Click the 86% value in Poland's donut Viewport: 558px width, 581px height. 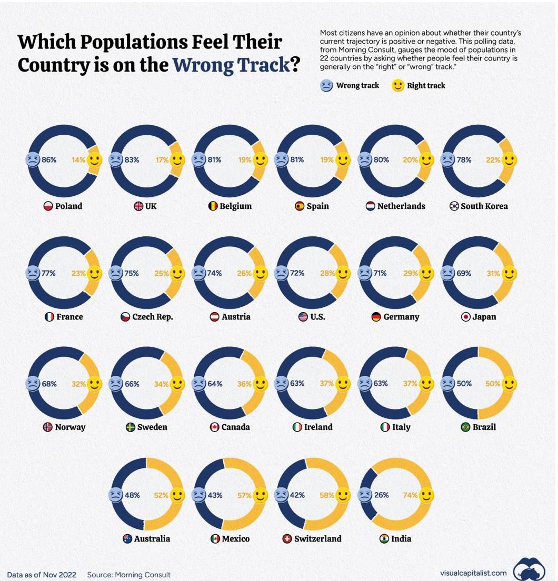point(49,159)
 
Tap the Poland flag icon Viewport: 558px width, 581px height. point(48,206)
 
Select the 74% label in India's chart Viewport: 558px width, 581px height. point(411,495)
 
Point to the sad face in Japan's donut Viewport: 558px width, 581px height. point(447,274)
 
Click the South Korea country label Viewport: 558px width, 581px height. point(484,206)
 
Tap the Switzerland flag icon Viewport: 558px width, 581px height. point(287,539)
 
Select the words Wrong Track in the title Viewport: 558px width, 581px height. point(231,65)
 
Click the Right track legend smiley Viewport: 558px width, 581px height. point(398,85)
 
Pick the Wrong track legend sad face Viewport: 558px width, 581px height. point(326,85)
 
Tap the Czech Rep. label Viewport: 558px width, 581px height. point(152,317)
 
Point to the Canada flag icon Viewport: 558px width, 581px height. point(214,427)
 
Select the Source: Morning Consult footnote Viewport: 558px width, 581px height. point(129,575)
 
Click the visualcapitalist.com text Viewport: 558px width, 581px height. point(473,573)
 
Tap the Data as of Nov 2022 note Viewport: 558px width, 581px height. point(42,575)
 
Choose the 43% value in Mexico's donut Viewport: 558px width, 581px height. point(215,495)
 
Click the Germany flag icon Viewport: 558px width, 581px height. point(376,317)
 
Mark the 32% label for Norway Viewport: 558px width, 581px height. point(79,384)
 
